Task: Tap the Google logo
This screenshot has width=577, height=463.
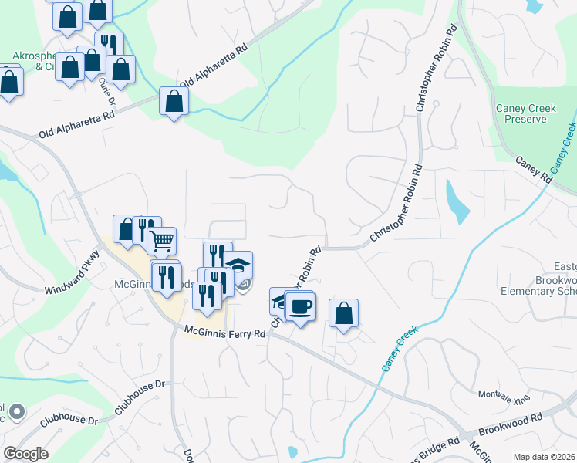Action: (x=25, y=454)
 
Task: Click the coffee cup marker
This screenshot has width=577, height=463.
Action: (x=300, y=306)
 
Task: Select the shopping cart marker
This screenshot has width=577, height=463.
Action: (x=161, y=241)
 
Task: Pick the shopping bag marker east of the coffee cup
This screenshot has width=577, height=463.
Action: (x=344, y=313)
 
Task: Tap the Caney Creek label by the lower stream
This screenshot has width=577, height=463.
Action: (x=400, y=349)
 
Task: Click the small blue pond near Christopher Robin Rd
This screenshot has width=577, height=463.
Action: (x=457, y=201)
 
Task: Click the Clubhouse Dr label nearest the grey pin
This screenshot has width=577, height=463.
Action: (x=69, y=421)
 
